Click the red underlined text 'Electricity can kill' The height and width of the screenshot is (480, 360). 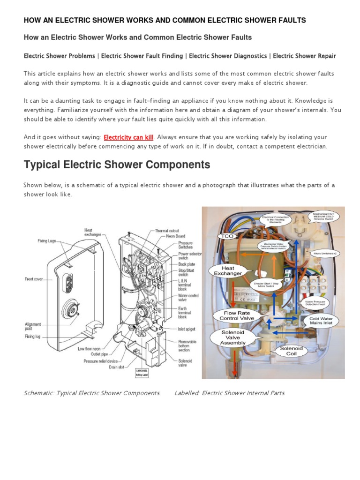coord(128,137)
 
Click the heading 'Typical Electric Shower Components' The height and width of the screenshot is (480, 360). coord(117,165)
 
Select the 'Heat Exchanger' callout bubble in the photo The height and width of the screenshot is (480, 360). coord(228,271)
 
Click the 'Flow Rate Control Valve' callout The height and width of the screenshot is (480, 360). coord(236,315)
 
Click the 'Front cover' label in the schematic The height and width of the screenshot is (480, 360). coord(33,279)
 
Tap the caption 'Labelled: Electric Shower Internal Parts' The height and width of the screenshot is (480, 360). coord(229,393)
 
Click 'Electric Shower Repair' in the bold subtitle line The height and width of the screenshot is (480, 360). coord(304,56)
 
